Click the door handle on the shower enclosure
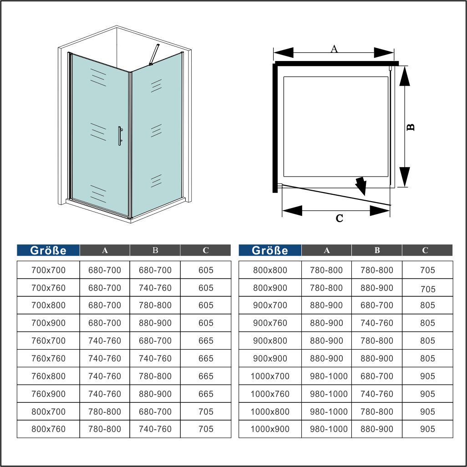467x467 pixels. click(119, 136)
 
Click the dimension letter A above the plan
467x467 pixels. click(334, 49)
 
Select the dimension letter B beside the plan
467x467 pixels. click(410, 127)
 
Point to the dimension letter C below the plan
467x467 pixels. click(339, 218)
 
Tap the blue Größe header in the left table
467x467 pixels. click(48, 250)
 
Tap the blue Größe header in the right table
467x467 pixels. click(270, 250)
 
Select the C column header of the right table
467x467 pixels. click(425, 250)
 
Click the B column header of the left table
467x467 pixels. click(155, 250)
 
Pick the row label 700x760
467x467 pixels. click(48, 288)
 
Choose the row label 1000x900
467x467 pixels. click(270, 429)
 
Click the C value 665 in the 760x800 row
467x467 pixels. click(206, 376)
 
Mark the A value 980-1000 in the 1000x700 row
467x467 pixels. click(329, 376)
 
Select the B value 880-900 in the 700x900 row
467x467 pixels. click(155, 323)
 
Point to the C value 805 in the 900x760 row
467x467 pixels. click(427, 323)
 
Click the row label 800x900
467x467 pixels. click(270, 288)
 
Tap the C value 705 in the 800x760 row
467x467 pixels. click(206, 429)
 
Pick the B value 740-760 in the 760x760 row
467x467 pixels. click(155, 358)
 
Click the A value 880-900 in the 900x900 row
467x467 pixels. click(326, 358)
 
